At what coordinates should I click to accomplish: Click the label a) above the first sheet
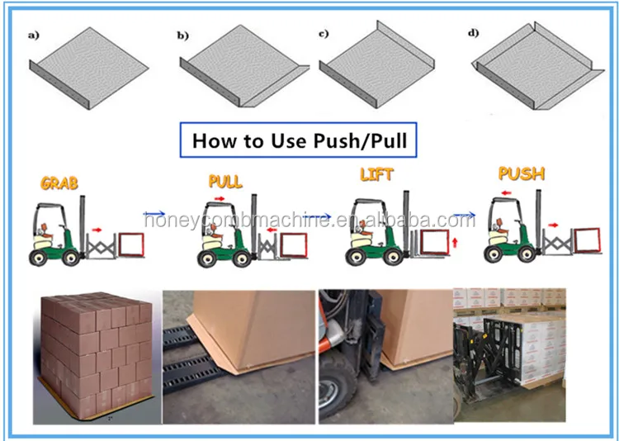[x=34, y=35]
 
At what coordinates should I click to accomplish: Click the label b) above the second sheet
[x=183, y=35]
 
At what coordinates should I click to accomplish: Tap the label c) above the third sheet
[x=324, y=35]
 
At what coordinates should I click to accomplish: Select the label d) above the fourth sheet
[x=472, y=35]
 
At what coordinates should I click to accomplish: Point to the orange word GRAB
[x=59, y=183]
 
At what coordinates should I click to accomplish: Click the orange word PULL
[x=225, y=181]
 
